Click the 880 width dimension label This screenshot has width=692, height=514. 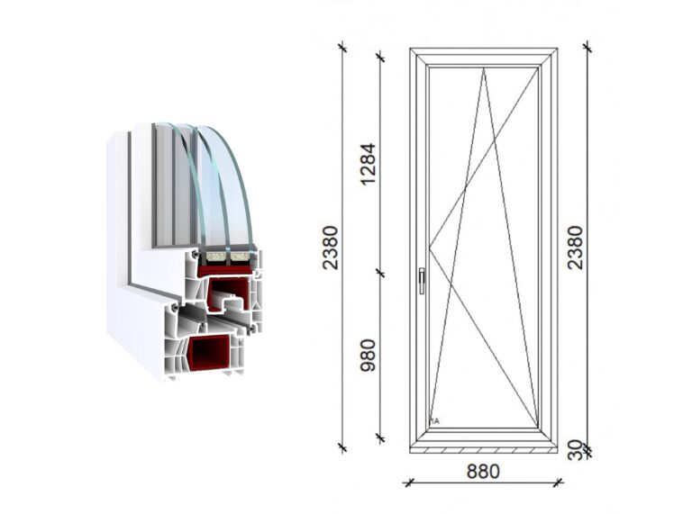click(x=483, y=471)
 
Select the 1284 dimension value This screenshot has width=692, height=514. click(x=368, y=164)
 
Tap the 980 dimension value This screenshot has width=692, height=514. click(x=368, y=356)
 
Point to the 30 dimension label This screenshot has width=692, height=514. click(x=576, y=450)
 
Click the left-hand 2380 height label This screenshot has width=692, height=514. click(x=330, y=248)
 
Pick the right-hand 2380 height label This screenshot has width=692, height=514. click(x=576, y=248)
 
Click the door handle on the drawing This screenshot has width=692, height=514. click(x=422, y=281)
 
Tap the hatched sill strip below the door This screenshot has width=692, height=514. click(x=483, y=450)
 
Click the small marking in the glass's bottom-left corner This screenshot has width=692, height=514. click(x=434, y=421)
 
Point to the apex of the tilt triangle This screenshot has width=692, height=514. click(x=483, y=68)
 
